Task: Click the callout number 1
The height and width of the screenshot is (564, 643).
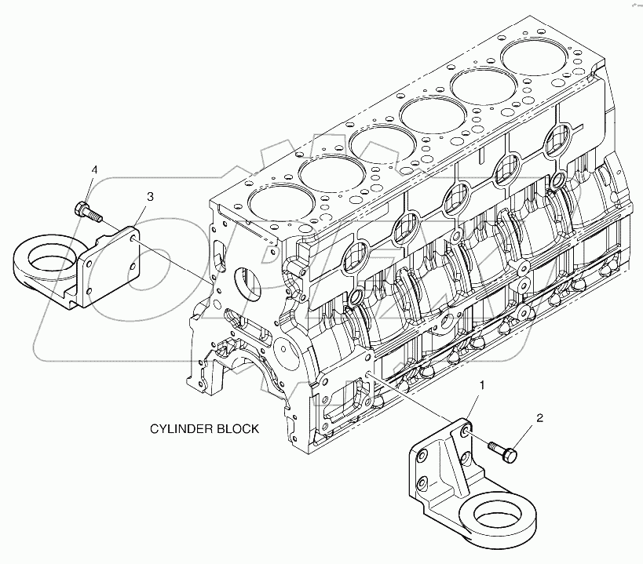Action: point(483,385)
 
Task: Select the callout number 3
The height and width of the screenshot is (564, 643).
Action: point(151,195)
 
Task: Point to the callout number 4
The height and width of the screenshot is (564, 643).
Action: point(94,169)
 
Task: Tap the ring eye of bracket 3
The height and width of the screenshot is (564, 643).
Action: point(42,257)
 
